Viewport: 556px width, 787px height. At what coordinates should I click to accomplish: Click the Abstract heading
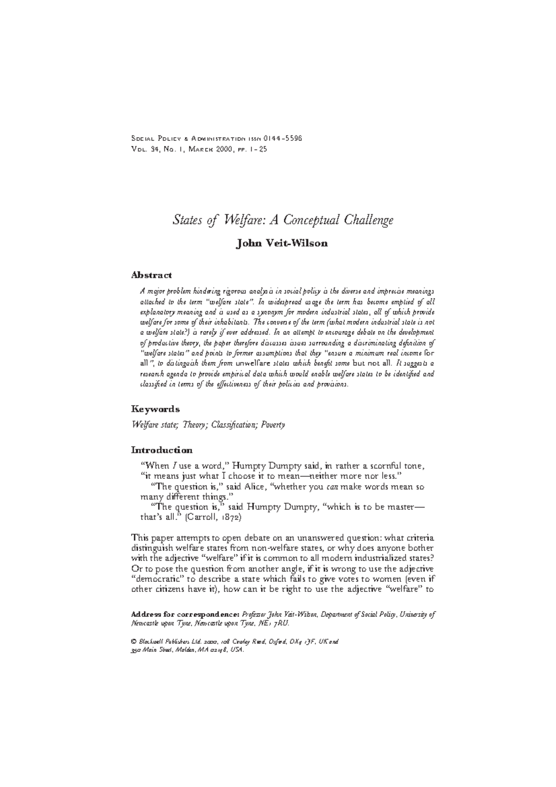coord(151,275)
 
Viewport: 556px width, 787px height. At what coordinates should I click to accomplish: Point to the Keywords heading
coord(155,409)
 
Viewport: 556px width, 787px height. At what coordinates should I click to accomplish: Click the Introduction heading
coord(162,450)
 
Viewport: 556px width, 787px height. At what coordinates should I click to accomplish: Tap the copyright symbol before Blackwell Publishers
coord(134,642)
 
